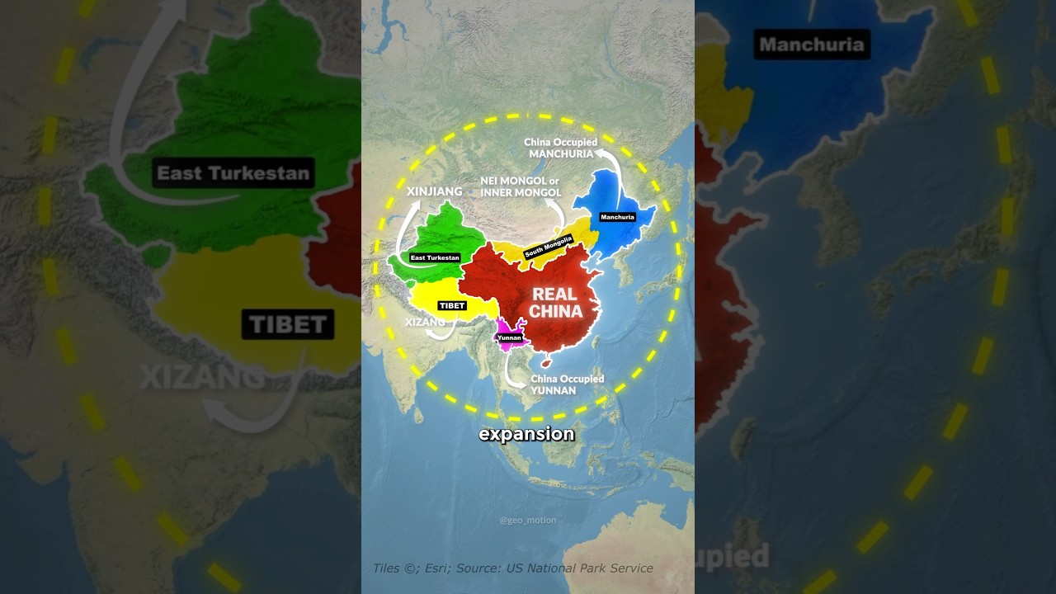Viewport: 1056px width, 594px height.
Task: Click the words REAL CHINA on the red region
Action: pos(555,303)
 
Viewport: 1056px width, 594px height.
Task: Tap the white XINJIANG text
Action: pos(435,191)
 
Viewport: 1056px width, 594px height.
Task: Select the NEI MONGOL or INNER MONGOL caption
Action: pos(521,186)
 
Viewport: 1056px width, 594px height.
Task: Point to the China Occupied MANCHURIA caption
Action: pos(560,148)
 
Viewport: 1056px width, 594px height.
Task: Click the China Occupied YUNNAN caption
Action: pos(567,384)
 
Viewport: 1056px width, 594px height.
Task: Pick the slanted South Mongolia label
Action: pos(548,246)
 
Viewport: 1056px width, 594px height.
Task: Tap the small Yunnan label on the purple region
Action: pos(509,337)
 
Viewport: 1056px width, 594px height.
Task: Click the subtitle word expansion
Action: pos(526,434)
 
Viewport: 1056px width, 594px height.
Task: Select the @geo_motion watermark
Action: pos(527,521)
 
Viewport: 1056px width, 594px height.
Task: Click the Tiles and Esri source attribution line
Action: pos(512,568)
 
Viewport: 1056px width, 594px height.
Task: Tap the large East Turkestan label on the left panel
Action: pos(233,173)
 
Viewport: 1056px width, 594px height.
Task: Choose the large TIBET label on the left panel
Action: pos(287,324)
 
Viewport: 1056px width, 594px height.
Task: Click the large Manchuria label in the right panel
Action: pos(812,44)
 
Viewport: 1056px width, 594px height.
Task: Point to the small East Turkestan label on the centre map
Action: pos(435,257)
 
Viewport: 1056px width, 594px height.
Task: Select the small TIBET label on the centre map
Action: pos(452,305)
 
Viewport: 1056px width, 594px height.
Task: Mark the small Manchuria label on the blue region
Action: pos(617,217)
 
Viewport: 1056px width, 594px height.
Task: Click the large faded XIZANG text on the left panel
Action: pos(202,376)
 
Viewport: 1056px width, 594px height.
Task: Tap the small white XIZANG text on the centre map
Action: pos(425,322)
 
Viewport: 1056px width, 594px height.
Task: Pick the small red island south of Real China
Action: pos(545,361)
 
